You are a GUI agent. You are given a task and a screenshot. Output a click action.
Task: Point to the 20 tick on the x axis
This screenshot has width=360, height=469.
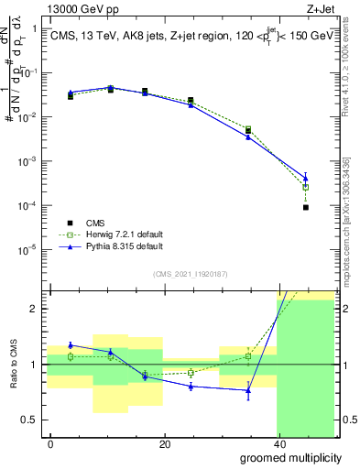(x=164, y=443)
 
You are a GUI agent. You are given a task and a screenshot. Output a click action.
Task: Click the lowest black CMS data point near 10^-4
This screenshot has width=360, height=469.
(x=305, y=208)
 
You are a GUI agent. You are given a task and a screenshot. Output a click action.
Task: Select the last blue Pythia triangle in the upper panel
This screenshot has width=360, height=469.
(x=305, y=178)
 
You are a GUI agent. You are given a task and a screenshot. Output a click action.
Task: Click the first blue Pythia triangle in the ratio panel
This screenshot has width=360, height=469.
(x=71, y=345)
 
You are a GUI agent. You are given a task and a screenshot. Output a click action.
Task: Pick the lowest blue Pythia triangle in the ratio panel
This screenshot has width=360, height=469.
(x=247, y=390)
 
